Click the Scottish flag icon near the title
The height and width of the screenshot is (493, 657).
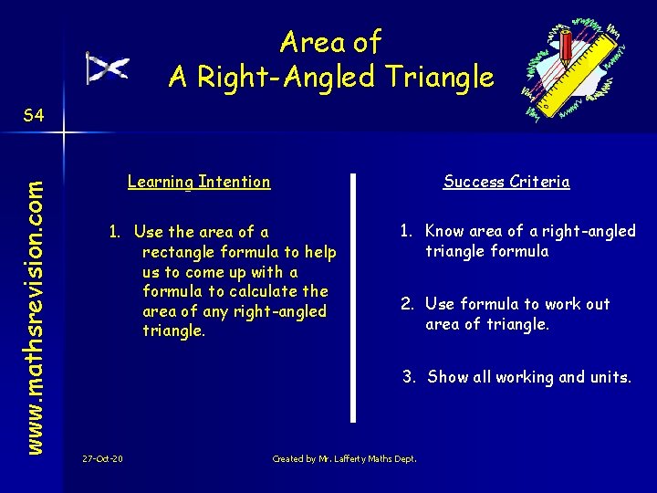tap(107, 68)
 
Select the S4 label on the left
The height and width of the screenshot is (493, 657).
tap(34, 115)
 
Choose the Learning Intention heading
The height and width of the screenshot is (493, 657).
tap(199, 182)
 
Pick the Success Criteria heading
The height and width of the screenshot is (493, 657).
tap(506, 182)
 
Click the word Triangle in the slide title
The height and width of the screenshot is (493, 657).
tap(439, 78)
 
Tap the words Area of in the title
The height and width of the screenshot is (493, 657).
tap(330, 42)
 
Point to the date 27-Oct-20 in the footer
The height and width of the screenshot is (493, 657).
tap(102, 458)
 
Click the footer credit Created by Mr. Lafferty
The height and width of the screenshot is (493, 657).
tap(344, 458)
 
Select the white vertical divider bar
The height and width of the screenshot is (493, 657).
tap(353, 298)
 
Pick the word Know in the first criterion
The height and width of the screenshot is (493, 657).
tap(444, 231)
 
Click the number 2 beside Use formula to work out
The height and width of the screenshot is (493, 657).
tap(407, 304)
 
